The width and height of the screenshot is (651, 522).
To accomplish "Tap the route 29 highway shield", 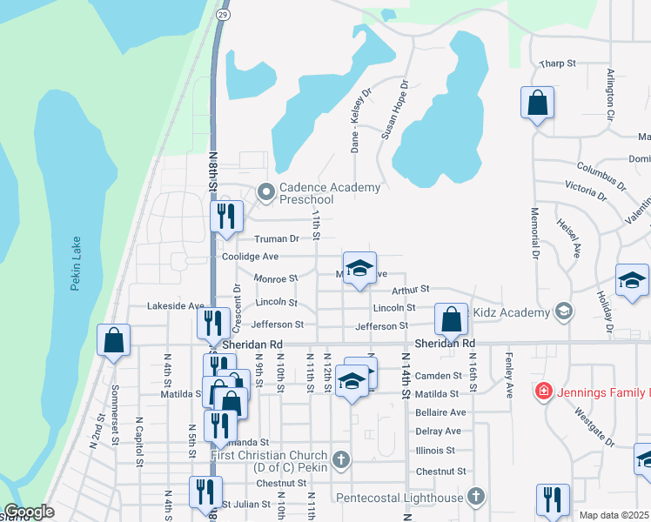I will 224,16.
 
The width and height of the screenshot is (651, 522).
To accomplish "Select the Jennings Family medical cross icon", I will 544,391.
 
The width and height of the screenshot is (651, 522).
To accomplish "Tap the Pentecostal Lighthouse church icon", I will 475,497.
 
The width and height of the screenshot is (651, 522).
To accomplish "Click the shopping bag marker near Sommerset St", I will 114,340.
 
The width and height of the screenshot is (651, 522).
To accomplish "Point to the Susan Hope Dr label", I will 394,111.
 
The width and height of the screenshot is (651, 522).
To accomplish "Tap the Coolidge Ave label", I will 250,257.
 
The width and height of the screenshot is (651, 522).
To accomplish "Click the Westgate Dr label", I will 594,427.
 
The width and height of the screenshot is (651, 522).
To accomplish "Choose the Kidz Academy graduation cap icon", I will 564,312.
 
